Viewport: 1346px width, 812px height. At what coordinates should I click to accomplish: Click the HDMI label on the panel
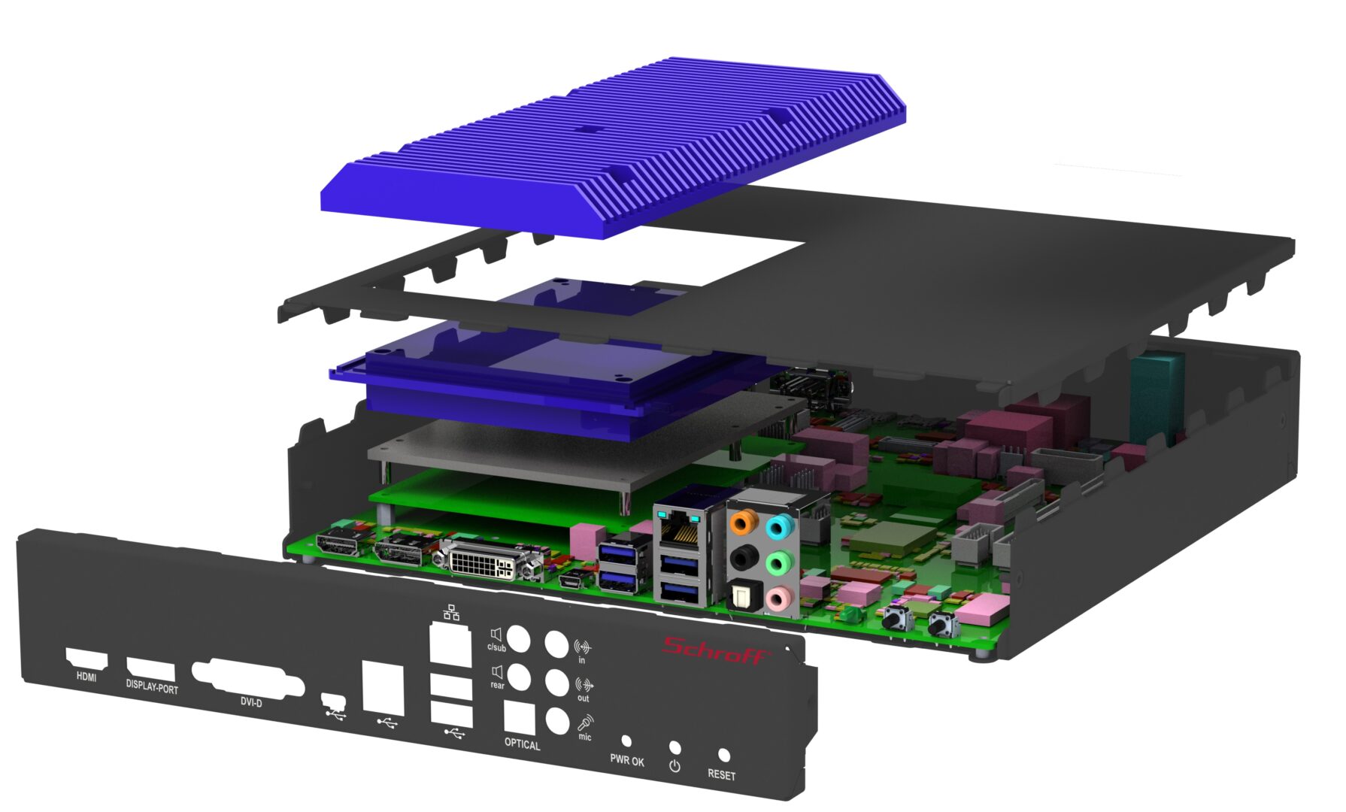[x=86, y=677]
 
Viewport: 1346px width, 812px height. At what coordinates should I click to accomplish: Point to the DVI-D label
[x=251, y=702]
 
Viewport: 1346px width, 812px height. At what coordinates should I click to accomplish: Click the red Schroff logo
[x=717, y=650]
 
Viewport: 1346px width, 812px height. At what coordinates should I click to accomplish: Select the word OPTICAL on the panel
[x=522, y=744]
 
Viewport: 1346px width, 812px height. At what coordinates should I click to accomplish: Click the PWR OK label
[x=626, y=760]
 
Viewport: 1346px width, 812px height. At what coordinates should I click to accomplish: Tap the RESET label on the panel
[x=721, y=774]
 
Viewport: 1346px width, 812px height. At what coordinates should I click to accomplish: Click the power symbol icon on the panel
[x=675, y=765]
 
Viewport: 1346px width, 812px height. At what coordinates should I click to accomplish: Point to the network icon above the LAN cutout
[x=451, y=612]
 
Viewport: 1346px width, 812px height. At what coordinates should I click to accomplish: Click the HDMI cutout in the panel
[x=87, y=659]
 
